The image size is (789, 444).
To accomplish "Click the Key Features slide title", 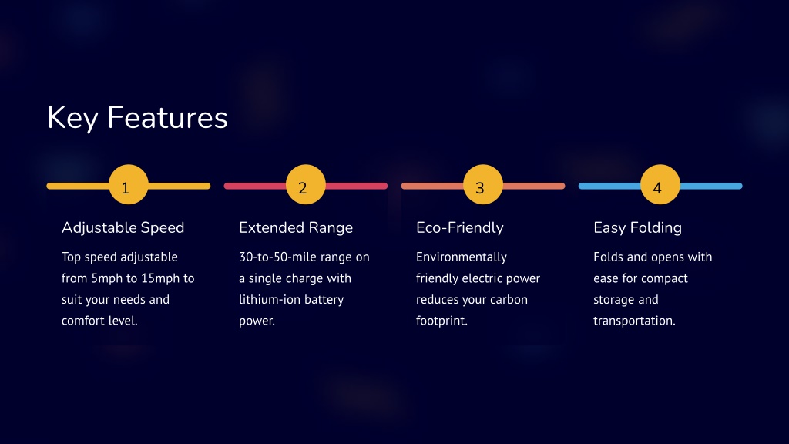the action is pos(137,118).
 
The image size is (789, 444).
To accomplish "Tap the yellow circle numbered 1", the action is pos(129,184).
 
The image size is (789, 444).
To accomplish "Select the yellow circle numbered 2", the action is pos(305,184).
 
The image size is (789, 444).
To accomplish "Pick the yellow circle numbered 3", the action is pos(483,184).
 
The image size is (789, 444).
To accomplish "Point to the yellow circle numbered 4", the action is pos(660,184).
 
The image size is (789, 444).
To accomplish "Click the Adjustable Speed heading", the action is pos(123,228).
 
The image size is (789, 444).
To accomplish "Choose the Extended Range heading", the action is pos(296,228).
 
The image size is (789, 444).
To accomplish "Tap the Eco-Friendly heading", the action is pos(460,228).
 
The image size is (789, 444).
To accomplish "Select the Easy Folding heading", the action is pos(637,228).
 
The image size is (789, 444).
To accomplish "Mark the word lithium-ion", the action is pos(270,300).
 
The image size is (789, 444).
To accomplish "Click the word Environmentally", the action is pos(462,257).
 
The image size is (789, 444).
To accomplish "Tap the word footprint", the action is pos(441,321).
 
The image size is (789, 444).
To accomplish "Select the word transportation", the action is pos(633,321).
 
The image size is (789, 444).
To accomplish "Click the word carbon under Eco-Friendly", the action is pos(509,300).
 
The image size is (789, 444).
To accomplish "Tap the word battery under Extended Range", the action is pos(324,300).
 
